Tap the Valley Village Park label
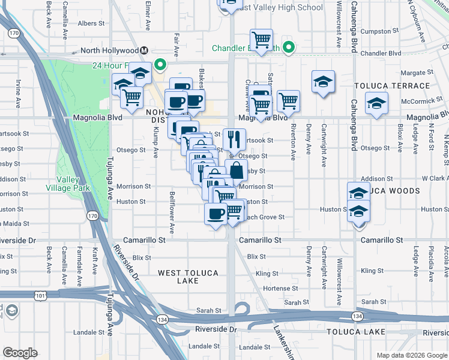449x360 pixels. coord(73,184)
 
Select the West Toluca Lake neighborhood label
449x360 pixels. coord(188,277)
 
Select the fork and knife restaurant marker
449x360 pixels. coord(234,139)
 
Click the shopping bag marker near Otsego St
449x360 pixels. coord(237,170)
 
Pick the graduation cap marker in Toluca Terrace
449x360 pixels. coord(324,81)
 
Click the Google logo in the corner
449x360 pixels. coord(20,353)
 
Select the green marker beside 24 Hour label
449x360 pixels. coord(160,65)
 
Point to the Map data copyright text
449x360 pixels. coord(412,355)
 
